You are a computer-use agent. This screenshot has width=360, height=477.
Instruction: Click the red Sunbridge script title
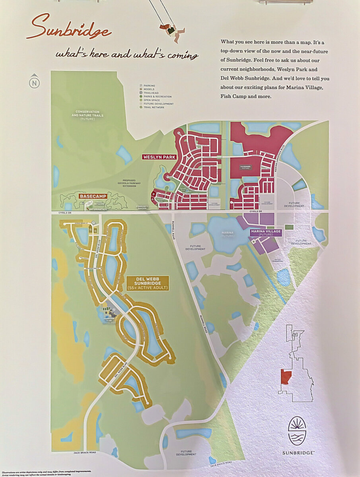click(68, 28)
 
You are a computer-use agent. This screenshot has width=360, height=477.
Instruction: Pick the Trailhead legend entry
click(151, 93)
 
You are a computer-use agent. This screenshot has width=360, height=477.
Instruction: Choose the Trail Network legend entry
click(154, 107)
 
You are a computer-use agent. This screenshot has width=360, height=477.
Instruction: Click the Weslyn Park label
click(160, 157)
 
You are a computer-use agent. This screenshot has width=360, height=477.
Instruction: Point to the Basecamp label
click(93, 196)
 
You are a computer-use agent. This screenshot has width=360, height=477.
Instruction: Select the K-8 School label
click(246, 167)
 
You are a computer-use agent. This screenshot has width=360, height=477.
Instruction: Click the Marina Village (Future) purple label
click(266, 233)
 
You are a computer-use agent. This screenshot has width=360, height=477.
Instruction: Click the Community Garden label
click(142, 207)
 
